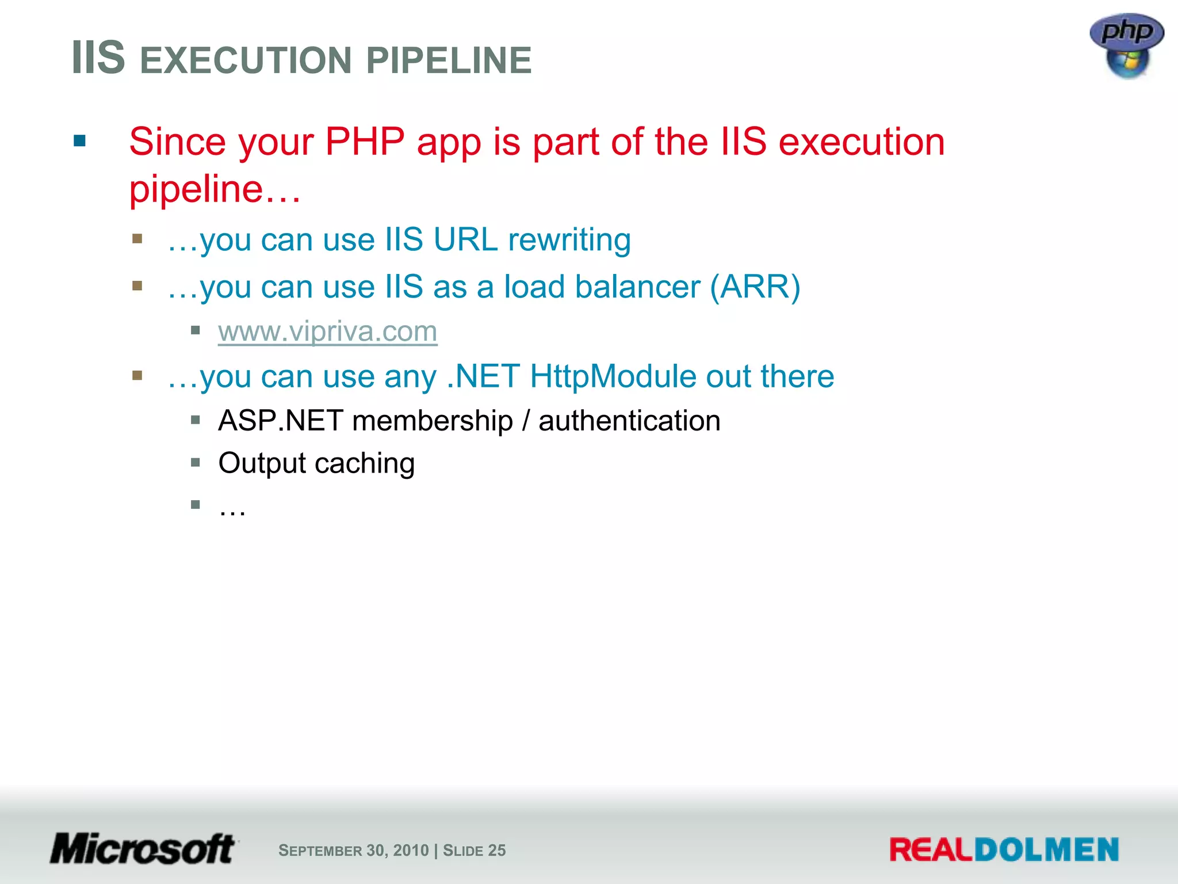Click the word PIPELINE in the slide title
(449, 60)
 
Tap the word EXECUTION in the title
(246, 60)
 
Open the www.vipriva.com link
(327, 331)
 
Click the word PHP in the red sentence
(365, 142)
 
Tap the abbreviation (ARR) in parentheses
(755, 287)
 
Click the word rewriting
(569, 240)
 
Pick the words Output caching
(316, 463)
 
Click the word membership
(433, 421)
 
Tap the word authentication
(629, 421)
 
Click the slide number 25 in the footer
(497, 850)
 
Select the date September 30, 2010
(353, 850)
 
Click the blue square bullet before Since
(80, 141)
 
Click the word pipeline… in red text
(215, 189)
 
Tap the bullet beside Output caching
(196, 462)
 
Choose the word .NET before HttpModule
(483, 376)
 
